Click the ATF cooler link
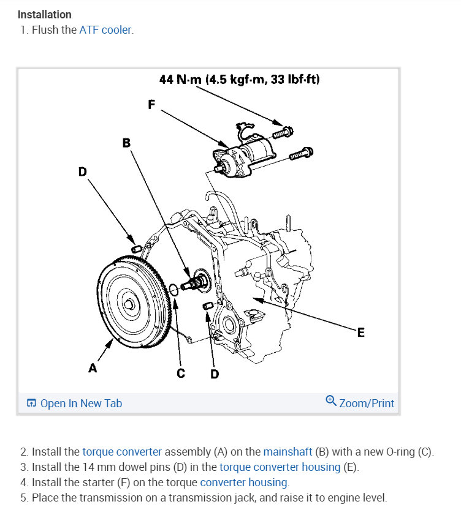(105, 29)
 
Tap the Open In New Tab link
(80, 403)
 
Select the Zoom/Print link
(366, 403)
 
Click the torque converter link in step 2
(122, 452)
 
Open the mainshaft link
(288, 452)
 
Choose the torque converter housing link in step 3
(280, 467)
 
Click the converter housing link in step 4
(244, 483)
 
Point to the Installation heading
(45, 14)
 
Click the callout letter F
(151, 104)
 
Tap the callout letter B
(126, 143)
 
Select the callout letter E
(360, 333)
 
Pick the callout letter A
(93, 368)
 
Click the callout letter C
(181, 373)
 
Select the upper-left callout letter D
(82, 171)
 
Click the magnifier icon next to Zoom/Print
(331, 402)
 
